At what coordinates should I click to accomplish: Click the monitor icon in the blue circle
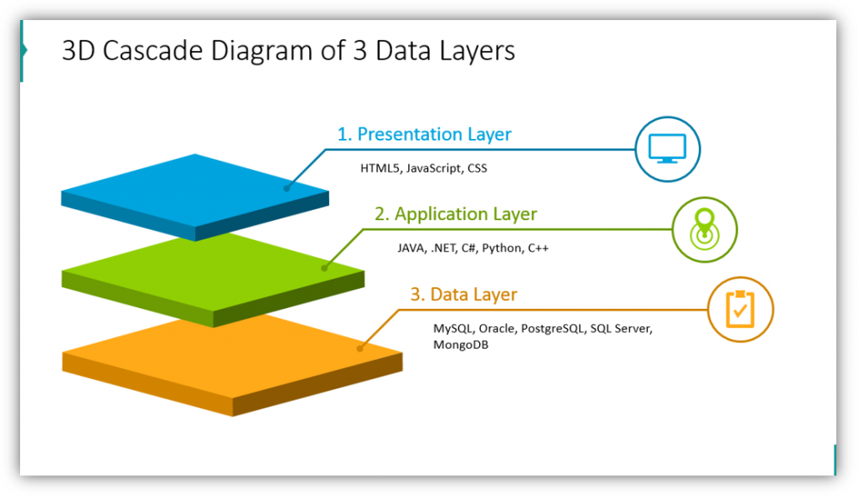[667, 149]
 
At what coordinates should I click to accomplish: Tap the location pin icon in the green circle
[705, 228]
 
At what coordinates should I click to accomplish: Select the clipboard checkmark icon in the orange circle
[739, 309]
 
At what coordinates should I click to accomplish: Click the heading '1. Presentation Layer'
[424, 134]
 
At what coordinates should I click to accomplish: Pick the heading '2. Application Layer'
[455, 214]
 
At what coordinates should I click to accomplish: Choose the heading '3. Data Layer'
[463, 295]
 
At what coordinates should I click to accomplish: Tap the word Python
[502, 249]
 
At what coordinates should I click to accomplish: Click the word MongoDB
[460, 345]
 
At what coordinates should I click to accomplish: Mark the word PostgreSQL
[552, 329]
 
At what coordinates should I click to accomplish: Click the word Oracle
[498, 329]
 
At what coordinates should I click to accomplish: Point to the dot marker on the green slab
[324, 268]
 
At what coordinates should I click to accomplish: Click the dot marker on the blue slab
[287, 188]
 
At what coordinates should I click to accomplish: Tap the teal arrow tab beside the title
[24, 50]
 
